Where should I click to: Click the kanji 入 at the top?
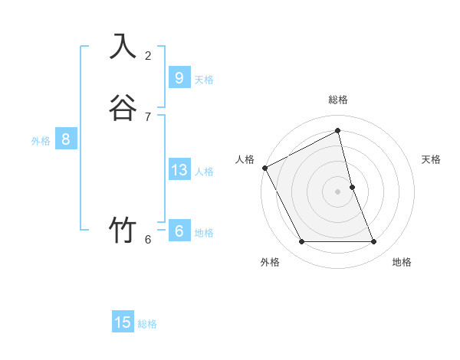pyautogui.click(x=122, y=46)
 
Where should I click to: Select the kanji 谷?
pyautogui.click(x=122, y=107)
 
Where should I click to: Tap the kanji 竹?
pyautogui.click(x=122, y=230)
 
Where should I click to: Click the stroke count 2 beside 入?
pyautogui.click(x=148, y=55)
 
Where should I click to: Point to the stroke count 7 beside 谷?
pyautogui.click(x=148, y=116)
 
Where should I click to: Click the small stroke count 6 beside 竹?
pyautogui.click(x=148, y=239)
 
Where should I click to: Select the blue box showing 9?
pyautogui.click(x=179, y=78)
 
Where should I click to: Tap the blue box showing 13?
pyautogui.click(x=179, y=170)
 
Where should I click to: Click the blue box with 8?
pyautogui.click(x=66, y=139)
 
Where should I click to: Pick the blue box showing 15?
pyautogui.click(x=123, y=322)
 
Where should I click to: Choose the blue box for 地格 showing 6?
pyautogui.click(x=179, y=231)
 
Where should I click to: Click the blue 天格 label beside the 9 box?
pyautogui.click(x=204, y=80)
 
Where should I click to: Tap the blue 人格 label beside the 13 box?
pyautogui.click(x=204, y=172)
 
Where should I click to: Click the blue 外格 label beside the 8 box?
pyautogui.click(x=41, y=141)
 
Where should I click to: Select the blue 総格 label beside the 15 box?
pyautogui.click(x=147, y=324)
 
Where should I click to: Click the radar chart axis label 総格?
pyautogui.click(x=338, y=100)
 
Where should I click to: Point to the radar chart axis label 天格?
pyautogui.click(x=432, y=159)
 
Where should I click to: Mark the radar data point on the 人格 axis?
pyautogui.click(x=264, y=168)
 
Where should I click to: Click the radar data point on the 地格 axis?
pyautogui.click(x=374, y=242)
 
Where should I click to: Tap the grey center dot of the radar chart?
pyautogui.click(x=338, y=191)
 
